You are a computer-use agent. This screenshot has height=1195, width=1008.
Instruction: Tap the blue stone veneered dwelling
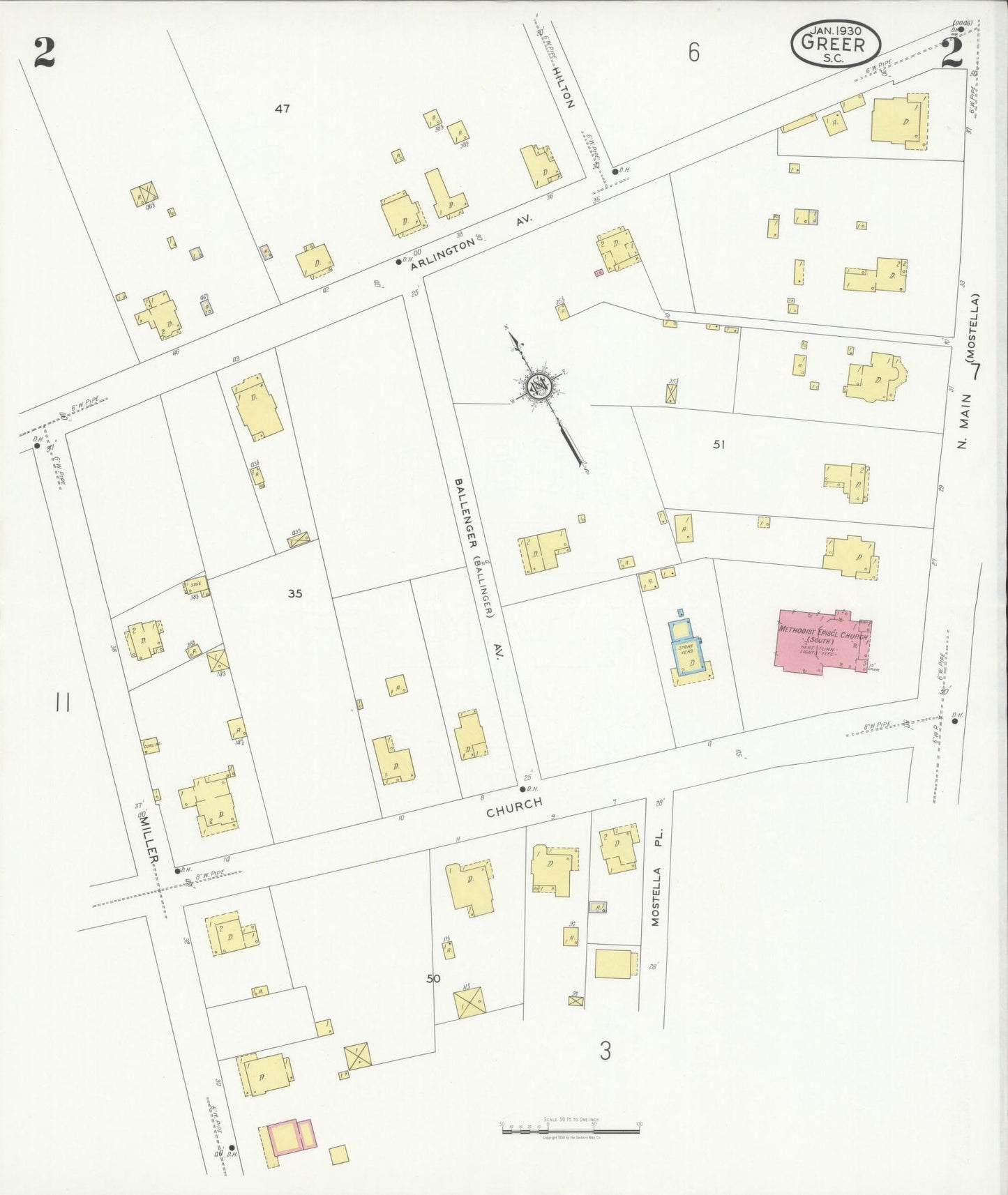click(689, 650)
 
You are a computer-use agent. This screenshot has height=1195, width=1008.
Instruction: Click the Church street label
click(514, 807)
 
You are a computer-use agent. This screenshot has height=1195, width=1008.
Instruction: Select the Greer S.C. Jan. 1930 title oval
click(835, 43)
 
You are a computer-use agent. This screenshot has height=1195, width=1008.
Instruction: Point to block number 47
click(282, 109)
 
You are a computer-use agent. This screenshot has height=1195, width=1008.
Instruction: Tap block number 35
click(295, 594)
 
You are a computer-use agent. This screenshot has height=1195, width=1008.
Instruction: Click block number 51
click(719, 444)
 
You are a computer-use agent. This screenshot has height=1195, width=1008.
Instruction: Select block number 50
click(433, 978)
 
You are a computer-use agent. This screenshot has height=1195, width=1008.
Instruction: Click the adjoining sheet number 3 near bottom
click(605, 1050)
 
